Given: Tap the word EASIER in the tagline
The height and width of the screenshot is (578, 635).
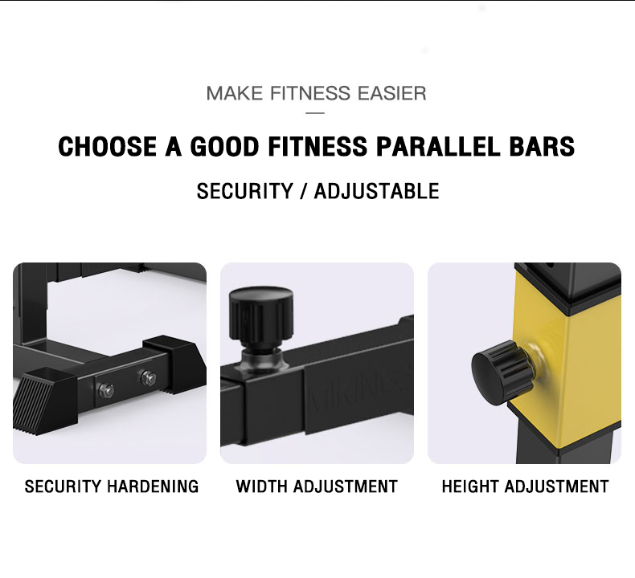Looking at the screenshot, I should pyautogui.click(x=394, y=93).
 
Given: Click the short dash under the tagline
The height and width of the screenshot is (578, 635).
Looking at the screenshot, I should pyautogui.click(x=317, y=112).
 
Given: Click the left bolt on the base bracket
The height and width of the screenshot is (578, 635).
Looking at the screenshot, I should pyautogui.click(x=106, y=390).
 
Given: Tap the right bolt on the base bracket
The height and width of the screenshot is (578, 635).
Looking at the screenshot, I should pyautogui.click(x=147, y=377).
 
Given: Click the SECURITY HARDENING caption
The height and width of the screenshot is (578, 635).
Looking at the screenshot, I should pyautogui.click(x=112, y=486).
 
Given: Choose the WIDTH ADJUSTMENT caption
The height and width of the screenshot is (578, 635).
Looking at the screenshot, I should pyautogui.click(x=317, y=486).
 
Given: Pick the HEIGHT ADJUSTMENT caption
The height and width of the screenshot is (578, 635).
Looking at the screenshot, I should pyautogui.click(x=525, y=486).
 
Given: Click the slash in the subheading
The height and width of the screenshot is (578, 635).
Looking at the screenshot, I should pyautogui.click(x=303, y=191).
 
